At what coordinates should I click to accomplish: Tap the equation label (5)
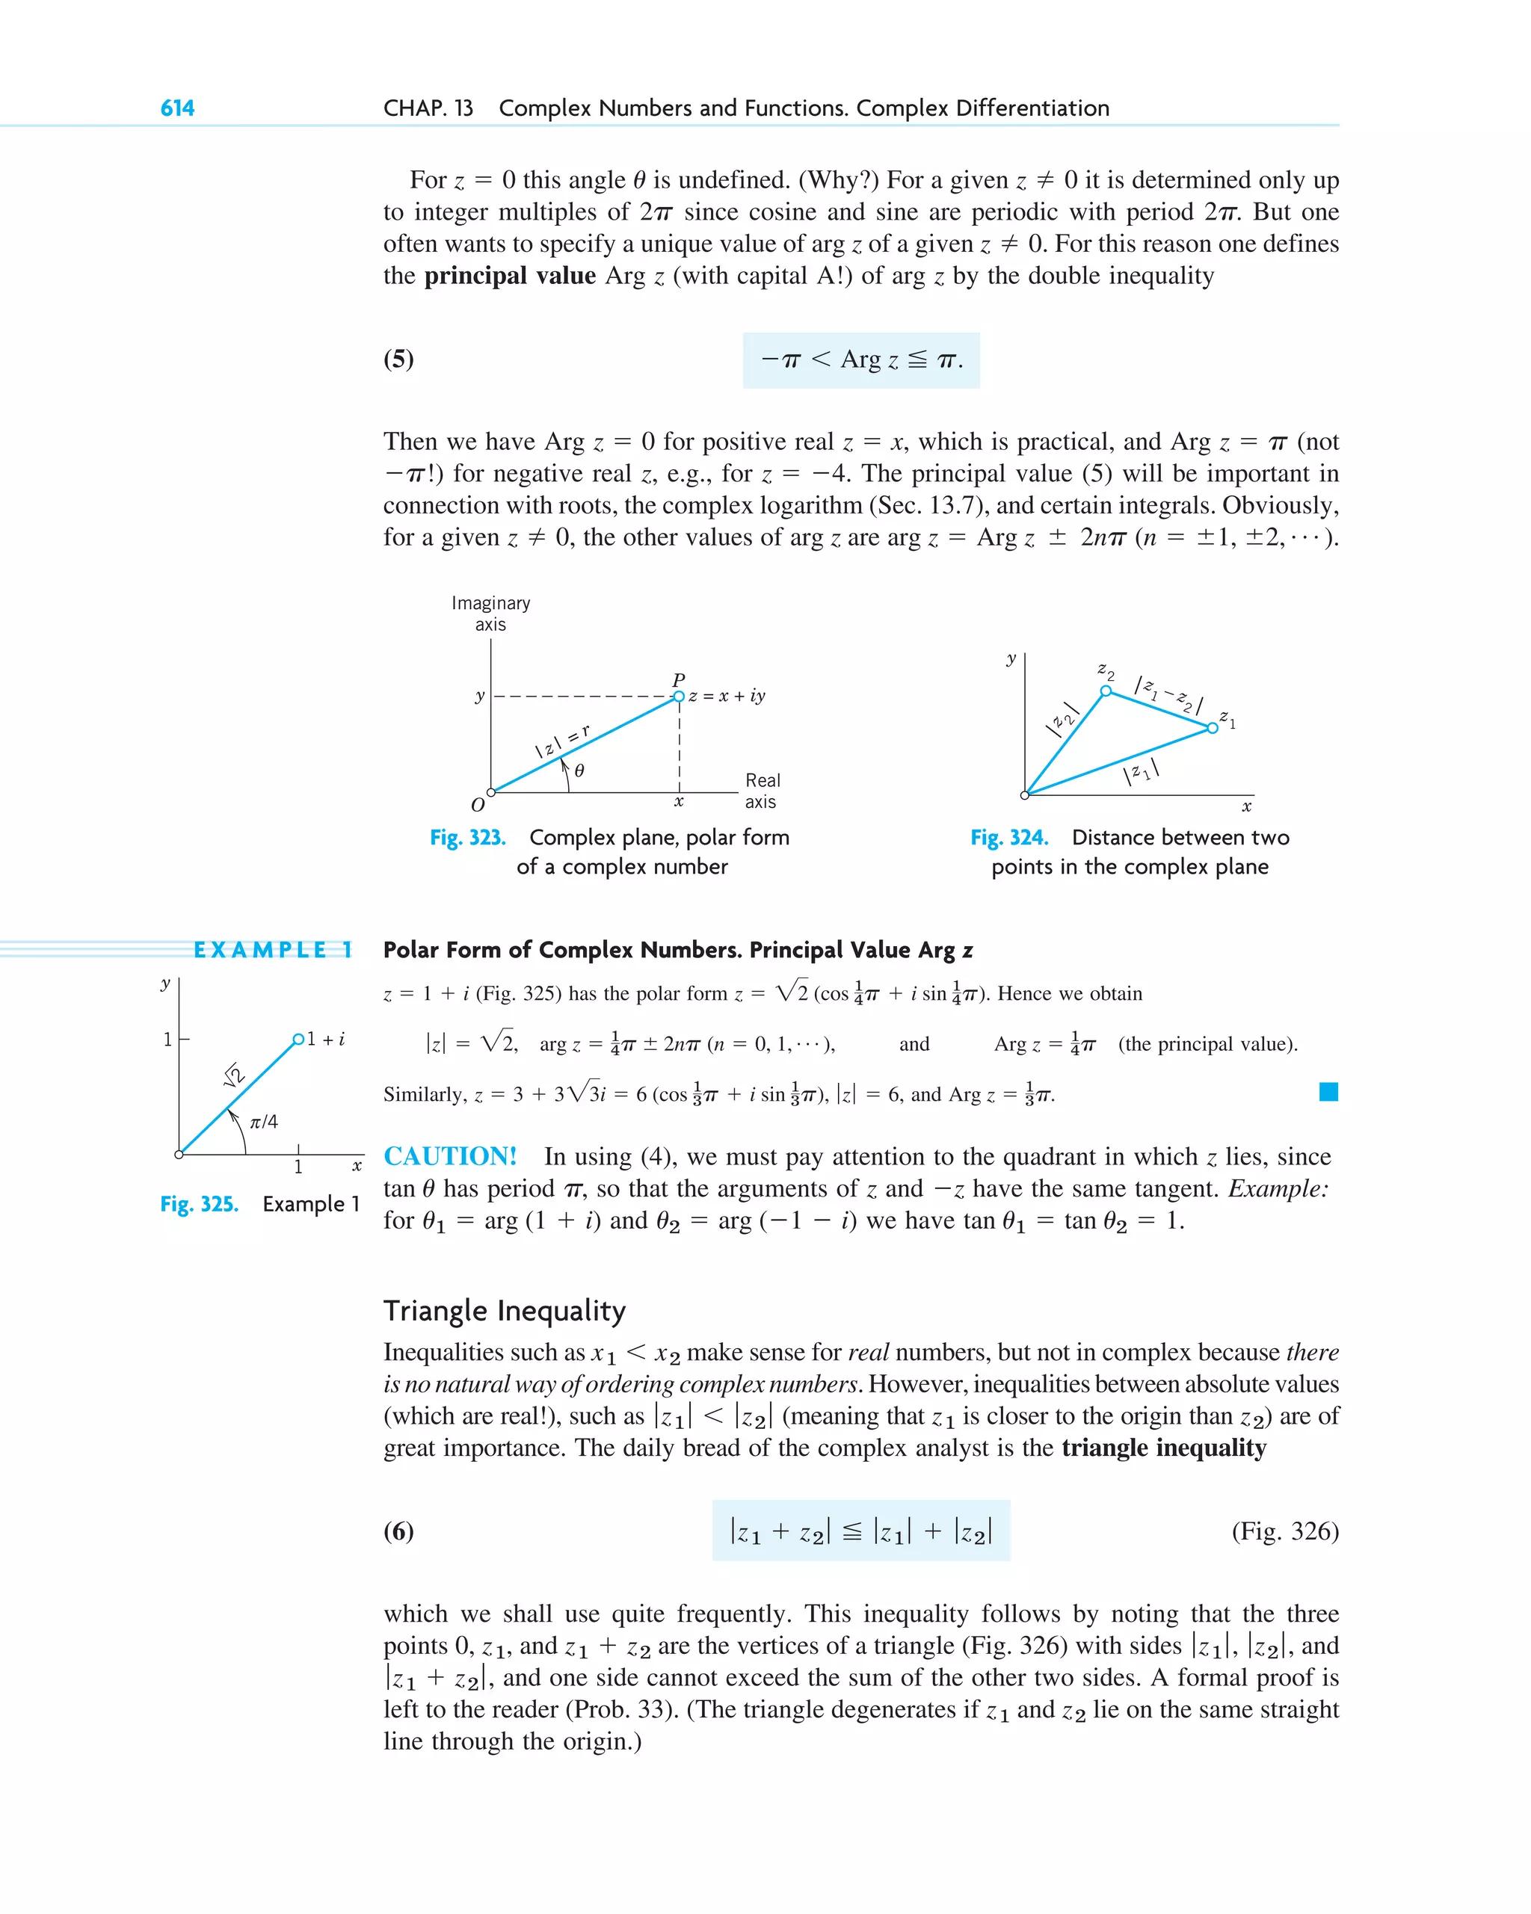coord(398,359)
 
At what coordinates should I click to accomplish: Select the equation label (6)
coord(398,1531)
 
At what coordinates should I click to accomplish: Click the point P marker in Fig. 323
coord(679,696)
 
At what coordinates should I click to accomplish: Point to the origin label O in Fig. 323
coord(478,805)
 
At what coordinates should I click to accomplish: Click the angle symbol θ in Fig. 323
coord(579,771)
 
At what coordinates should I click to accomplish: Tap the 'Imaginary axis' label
coord(490,614)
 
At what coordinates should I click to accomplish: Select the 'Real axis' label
coord(762,791)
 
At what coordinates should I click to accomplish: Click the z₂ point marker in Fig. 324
coord(1106,691)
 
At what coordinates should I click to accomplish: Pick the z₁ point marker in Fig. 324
coord(1213,728)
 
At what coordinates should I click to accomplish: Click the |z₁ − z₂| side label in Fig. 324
coord(1168,695)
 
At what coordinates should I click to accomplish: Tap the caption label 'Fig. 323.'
coord(467,838)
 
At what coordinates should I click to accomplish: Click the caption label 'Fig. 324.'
coord(1008,838)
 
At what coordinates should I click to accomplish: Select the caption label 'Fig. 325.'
coord(199,1205)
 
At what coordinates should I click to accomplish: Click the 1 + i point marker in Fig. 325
coord(298,1039)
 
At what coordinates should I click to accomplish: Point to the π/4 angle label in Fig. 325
coord(264,1122)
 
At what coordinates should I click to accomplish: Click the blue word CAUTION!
coord(449,1157)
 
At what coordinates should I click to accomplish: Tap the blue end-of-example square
coord(1328,1092)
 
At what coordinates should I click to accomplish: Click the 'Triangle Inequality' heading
coord(505,1311)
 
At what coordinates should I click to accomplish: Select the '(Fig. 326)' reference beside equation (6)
coord(1284,1531)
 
